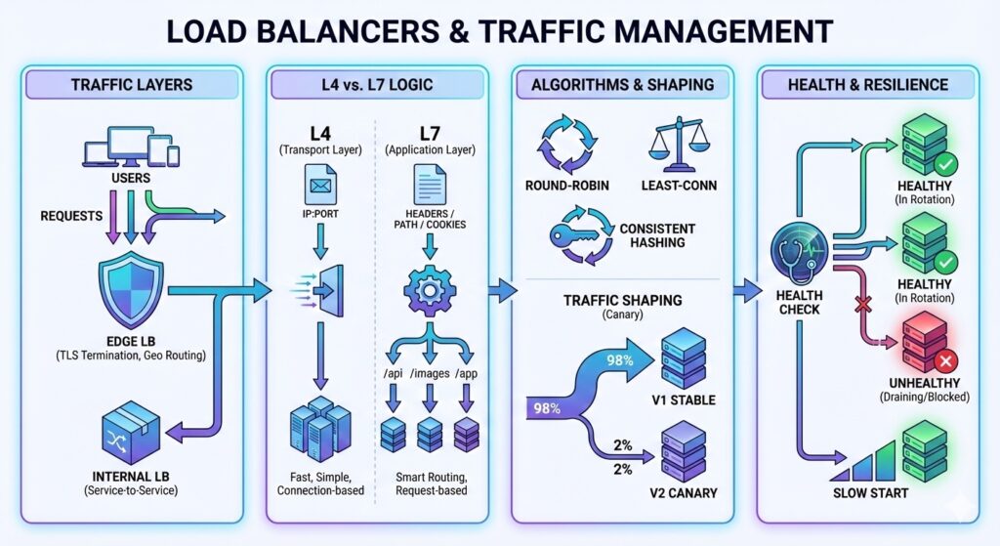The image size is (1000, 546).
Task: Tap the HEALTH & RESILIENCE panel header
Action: (868, 84)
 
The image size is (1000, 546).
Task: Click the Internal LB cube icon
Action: (130, 432)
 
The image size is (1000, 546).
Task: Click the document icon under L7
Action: (426, 185)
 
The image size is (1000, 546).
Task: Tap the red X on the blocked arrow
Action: (861, 306)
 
